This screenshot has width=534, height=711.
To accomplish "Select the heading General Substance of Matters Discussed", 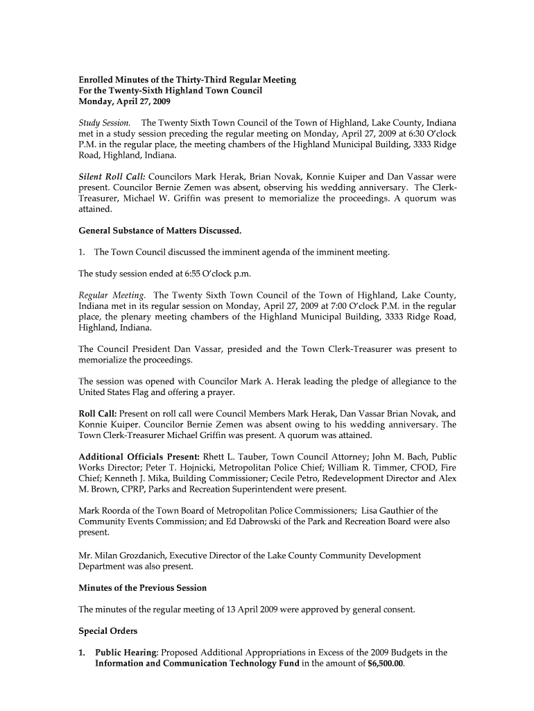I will pos(160,230).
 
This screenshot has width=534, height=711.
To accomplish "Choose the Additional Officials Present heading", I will pos(139,457).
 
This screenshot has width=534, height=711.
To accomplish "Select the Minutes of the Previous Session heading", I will pos(142,588).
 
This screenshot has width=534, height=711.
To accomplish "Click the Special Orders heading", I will pos(107,631).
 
